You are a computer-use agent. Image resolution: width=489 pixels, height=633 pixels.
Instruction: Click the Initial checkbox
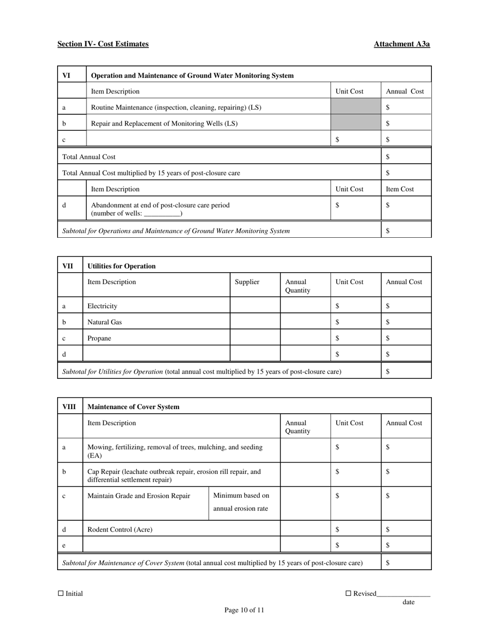(61, 593)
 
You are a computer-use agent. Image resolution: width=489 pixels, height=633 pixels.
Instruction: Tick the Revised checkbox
(348, 593)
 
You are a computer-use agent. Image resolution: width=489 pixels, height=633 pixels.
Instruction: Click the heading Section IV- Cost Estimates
(103, 44)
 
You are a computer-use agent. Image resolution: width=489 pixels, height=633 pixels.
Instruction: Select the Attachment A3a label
(401, 44)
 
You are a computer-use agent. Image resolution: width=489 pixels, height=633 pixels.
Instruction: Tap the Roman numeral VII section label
(68, 266)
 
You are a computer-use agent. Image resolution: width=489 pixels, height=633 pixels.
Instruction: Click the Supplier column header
(247, 282)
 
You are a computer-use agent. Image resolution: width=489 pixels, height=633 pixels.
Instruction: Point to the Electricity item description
(102, 306)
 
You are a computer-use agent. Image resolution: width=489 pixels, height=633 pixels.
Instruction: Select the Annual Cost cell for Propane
(406, 338)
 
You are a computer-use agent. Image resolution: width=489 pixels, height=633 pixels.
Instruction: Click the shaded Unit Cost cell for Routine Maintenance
(356, 107)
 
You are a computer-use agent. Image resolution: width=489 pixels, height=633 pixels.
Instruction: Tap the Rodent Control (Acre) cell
(120, 529)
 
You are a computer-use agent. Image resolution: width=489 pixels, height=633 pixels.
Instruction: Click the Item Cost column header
(400, 189)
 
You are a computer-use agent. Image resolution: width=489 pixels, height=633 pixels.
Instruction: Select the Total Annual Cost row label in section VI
(89, 157)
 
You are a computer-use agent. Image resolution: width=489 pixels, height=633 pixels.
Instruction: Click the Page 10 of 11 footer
(244, 610)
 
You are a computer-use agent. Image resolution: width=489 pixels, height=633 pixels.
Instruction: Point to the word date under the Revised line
(408, 602)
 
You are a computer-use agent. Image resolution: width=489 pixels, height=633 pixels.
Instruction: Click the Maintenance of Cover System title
(133, 407)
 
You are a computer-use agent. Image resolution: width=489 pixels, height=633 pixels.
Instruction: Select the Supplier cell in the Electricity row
(255, 306)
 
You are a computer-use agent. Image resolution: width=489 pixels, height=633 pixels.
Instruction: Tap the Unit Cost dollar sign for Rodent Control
(337, 529)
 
